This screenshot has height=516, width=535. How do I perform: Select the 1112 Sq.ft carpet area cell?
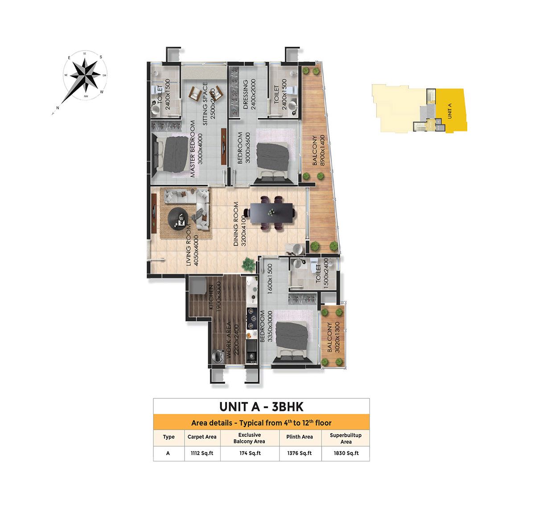(x=202, y=453)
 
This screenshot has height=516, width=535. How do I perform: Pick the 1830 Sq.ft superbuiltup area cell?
(x=346, y=453)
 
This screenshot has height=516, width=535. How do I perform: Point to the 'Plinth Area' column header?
(x=299, y=437)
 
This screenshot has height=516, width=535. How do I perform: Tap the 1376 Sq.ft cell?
(x=299, y=453)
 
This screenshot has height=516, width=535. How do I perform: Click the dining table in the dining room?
(x=272, y=213)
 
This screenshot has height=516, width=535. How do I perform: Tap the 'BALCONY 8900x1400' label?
(x=318, y=150)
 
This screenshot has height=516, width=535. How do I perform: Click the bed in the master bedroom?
(x=172, y=154)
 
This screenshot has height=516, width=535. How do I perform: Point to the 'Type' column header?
(x=169, y=437)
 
